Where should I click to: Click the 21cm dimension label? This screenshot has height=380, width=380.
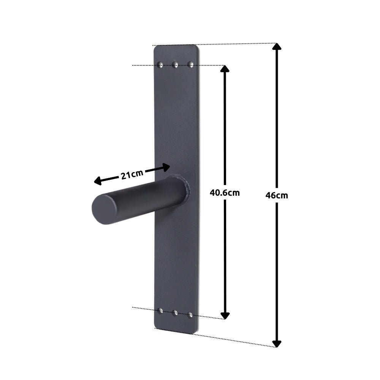[x=132, y=175]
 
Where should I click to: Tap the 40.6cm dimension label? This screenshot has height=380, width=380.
[x=225, y=192]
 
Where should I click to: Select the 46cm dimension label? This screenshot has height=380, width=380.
[x=277, y=195]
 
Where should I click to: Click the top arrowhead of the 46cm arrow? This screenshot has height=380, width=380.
[x=277, y=47]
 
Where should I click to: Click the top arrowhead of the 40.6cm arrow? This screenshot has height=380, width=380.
[x=225, y=69]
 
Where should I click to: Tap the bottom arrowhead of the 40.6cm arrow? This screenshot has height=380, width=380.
[x=225, y=315]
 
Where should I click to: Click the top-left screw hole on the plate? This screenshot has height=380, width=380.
[x=161, y=64]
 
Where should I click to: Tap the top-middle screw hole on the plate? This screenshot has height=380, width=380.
[x=175, y=65]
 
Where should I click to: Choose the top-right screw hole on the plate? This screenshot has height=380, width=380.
[x=191, y=65]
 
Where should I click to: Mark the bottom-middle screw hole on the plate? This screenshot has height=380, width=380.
[x=176, y=313]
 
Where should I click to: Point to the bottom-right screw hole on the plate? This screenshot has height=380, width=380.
[x=191, y=314]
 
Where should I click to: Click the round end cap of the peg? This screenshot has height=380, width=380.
[x=104, y=209]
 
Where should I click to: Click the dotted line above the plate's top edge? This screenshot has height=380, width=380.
[x=236, y=44]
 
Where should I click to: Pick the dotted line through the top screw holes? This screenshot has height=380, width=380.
[x=144, y=65]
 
